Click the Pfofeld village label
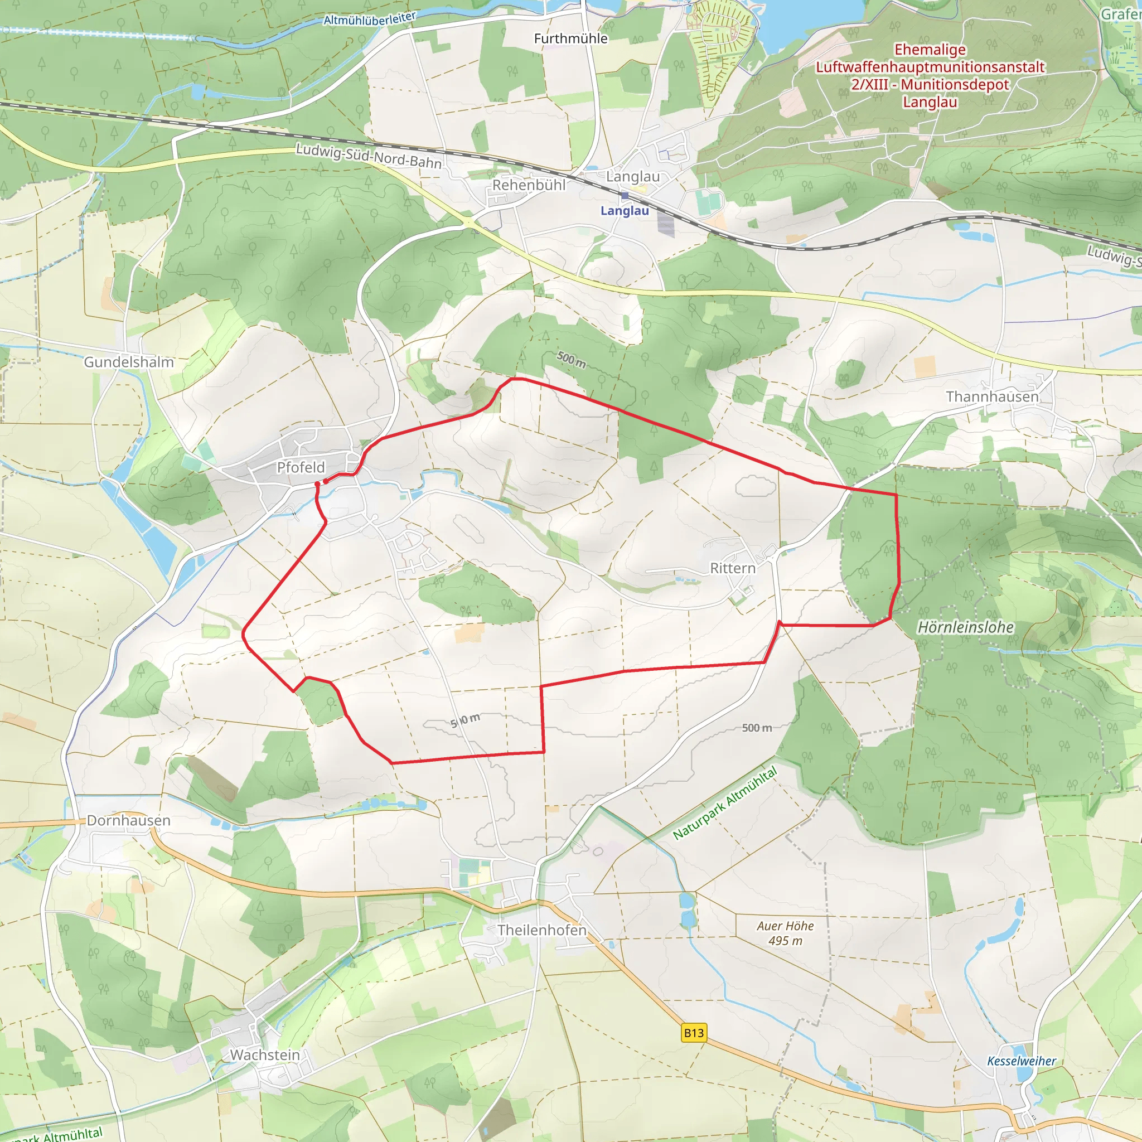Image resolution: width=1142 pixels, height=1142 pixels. (x=301, y=467)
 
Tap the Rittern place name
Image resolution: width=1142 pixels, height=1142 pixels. (x=732, y=568)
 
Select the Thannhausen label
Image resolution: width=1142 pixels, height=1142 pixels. (x=992, y=396)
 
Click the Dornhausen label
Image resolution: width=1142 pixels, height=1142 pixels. (x=128, y=820)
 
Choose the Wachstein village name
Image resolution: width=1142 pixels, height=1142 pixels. (x=265, y=1054)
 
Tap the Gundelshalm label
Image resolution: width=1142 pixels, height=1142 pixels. (x=129, y=362)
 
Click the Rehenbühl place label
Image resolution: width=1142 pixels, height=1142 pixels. (x=529, y=185)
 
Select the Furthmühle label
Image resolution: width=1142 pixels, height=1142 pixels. (x=570, y=38)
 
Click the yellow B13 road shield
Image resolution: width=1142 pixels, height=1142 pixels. (x=693, y=1032)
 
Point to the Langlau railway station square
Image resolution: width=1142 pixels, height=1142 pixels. (x=625, y=196)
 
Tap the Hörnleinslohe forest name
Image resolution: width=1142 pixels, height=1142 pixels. (x=965, y=627)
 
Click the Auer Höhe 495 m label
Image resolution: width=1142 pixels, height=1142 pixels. (x=785, y=933)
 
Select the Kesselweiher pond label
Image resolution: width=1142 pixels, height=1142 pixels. (x=1022, y=1061)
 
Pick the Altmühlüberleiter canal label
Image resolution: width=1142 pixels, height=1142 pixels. (x=370, y=19)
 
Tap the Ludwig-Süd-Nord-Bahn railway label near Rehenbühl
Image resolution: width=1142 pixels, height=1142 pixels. (x=368, y=156)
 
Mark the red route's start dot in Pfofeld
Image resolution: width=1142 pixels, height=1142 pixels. (x=317, y=484)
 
